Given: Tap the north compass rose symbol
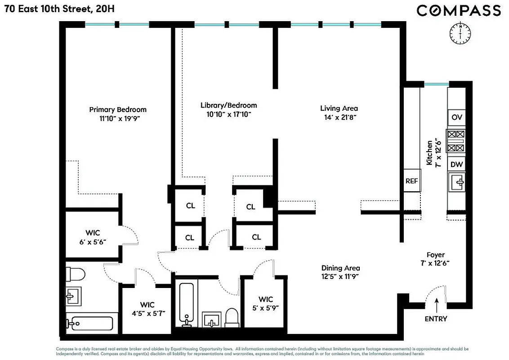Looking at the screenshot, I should click(460, 33).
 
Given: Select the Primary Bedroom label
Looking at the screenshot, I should click(117, 109).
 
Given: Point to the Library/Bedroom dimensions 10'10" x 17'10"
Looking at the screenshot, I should click(228, 114).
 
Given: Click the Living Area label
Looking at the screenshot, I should click(339, 108).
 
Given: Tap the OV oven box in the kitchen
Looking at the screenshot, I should click(457, 117).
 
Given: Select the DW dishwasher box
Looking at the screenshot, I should click(457, 164).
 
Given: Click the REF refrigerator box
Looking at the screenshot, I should click(411, 181).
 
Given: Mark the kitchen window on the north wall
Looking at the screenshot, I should click(436, 84).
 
